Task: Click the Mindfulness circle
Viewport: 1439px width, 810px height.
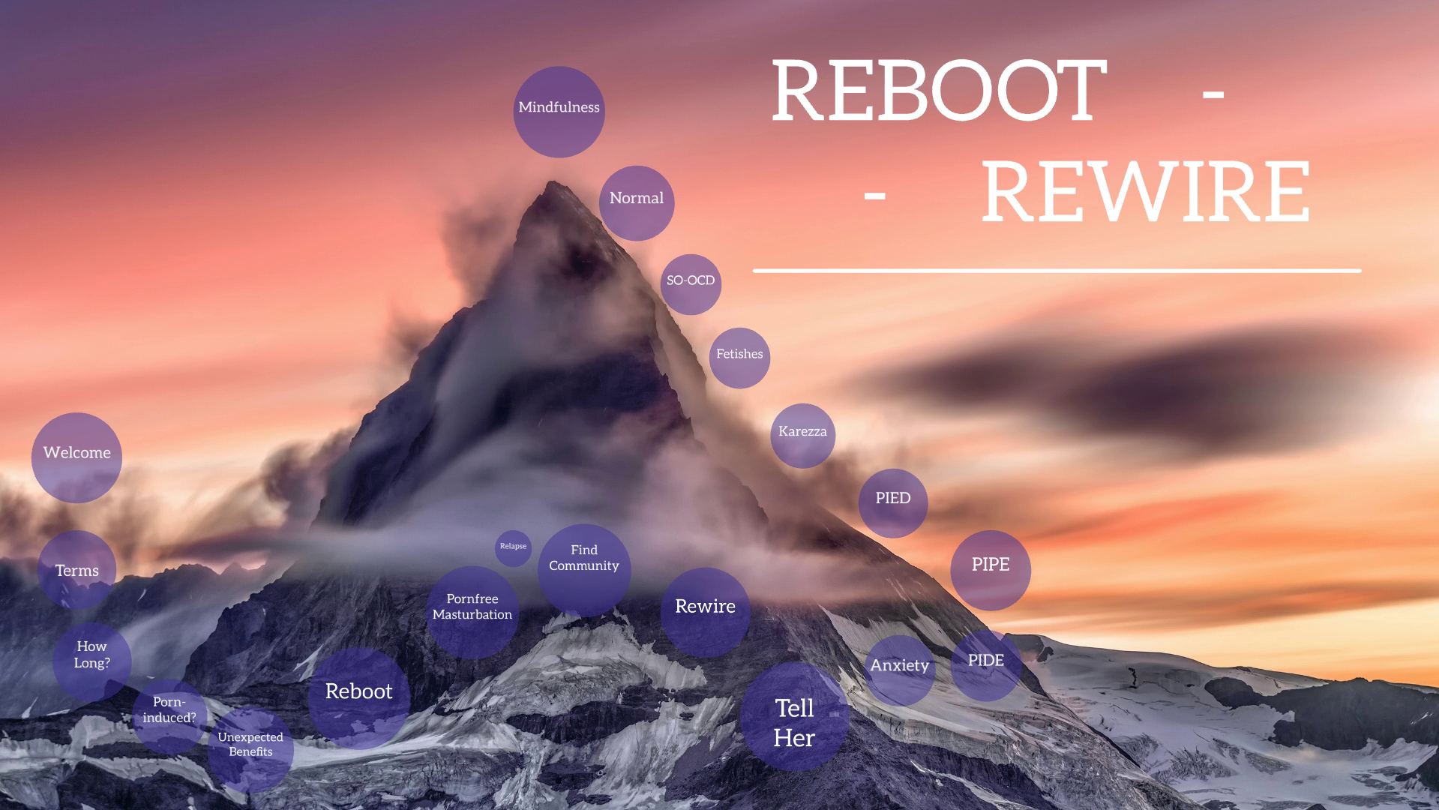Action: pyautogui.click(x=559, y=112)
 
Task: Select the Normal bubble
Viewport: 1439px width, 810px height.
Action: pyautogui.click(x=637, y=202)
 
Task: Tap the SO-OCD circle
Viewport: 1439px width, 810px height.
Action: pyautogui.click(x=691, y=283)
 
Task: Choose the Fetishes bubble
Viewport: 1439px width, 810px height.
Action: pyautogui.click(x=739, y=358)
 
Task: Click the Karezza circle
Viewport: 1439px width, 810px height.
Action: pyautogui.click(x=802, y=435)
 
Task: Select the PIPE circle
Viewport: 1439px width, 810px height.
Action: pyautogui.click(x=990, y=569)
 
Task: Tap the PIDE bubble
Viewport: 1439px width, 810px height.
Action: pyautogui.click(x=985, y=664)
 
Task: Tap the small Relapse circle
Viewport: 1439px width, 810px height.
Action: pyautogui.click(x=513, y=547)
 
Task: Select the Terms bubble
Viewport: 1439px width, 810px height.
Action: pyautogui.click(x=76, y=571)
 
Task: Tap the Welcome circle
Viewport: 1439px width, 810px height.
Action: pyautogui.click(x=76, y=457)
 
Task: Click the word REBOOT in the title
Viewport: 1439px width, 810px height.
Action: pyautogui.click(x=938, y=91)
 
